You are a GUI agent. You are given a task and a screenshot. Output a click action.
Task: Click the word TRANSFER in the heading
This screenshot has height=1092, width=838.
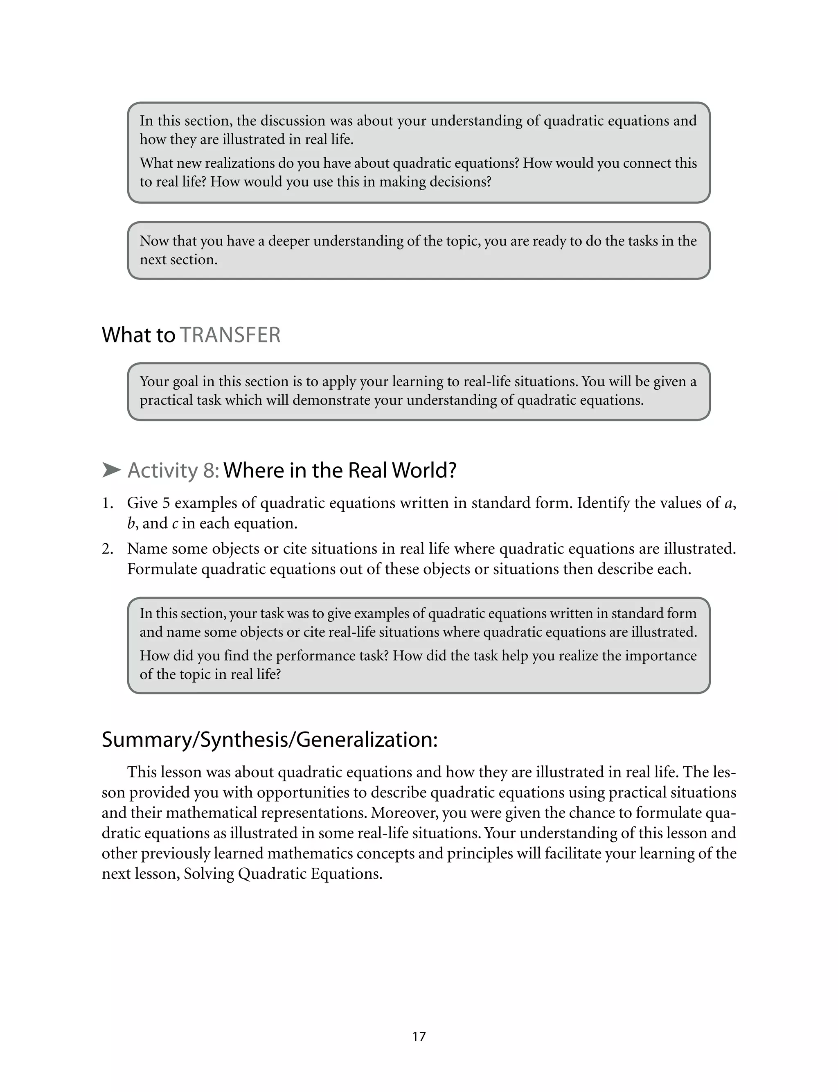coord(230,335)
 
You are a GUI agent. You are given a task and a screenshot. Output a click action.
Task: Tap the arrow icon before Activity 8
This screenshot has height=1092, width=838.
coord(111,470)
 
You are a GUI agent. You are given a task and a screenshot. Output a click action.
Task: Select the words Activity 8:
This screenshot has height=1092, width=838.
coord(173,470)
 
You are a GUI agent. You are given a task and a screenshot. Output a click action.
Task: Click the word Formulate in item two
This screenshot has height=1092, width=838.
coord(162,569)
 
